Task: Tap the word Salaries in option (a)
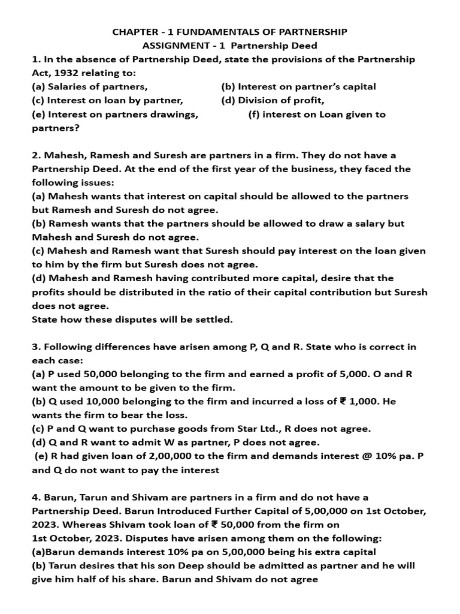click(x=68, y=86)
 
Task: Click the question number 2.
click(x=35, y=155)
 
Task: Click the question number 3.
click(x=35, y=347)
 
